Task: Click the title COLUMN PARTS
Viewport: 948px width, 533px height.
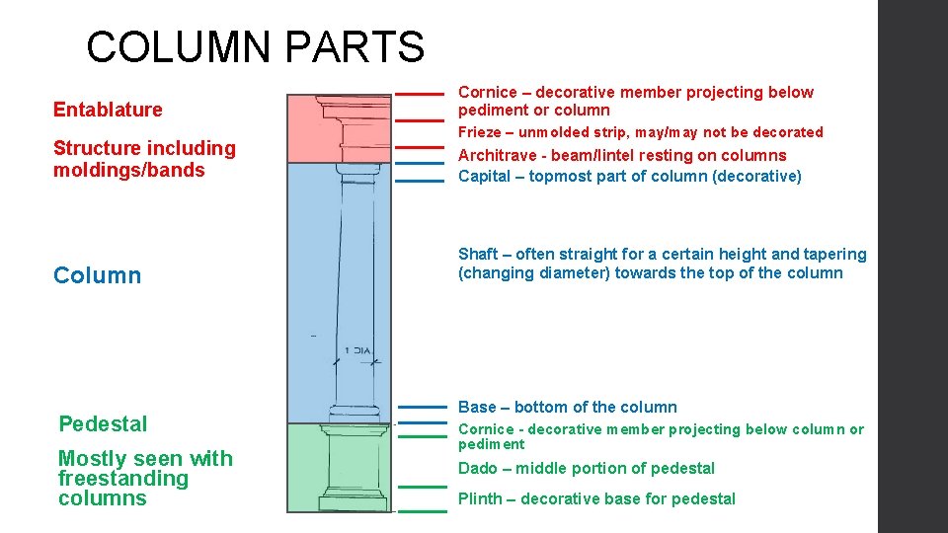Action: pyautogui.click(x=255, y=46)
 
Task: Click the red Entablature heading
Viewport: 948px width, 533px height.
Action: pyautogui.click(x=108, y=110)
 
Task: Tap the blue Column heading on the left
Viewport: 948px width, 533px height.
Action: pyautogui.click(x=97, y=275)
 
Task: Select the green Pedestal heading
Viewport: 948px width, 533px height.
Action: pyautogui.click(x=103, y=424)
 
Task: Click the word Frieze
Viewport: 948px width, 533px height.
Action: pyautogui.click(x=480, y=132)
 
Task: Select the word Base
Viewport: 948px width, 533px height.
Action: pyautogui.click(x=477, y=407)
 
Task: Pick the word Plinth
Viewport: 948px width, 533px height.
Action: pyautogui.click(x=480, y=498)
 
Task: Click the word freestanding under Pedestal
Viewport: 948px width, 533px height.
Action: pyautogui.click(x=122, y=479)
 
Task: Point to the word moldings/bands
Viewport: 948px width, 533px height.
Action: pyautogui.click(x=129, y=170)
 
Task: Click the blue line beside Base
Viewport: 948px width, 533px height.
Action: pyautogui.click(x=422, y=407)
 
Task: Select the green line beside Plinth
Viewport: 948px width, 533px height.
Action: pyautogui.click(x=422, y=511)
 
